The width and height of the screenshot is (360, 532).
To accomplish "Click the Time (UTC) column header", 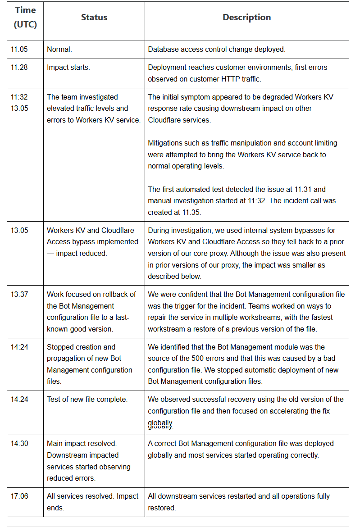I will (25, 18).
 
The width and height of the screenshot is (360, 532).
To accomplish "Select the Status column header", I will (94, 18).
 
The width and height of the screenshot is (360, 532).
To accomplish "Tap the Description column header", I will (246, 18).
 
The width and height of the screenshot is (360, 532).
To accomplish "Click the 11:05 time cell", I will (19, 50).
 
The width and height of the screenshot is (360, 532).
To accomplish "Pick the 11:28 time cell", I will (19, 68).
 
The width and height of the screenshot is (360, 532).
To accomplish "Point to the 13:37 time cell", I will (19, 294).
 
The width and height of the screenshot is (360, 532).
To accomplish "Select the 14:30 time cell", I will (19, 444).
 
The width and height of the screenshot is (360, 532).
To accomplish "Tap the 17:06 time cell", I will (19, 496).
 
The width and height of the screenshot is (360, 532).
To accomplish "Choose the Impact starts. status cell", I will (68, 68).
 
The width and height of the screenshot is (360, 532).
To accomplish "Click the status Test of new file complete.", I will (87, 400).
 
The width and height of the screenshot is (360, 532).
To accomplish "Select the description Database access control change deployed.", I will (216, 50).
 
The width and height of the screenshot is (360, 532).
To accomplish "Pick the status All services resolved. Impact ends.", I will (92, 502).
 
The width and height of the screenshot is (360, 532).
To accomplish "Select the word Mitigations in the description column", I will (166, 143).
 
